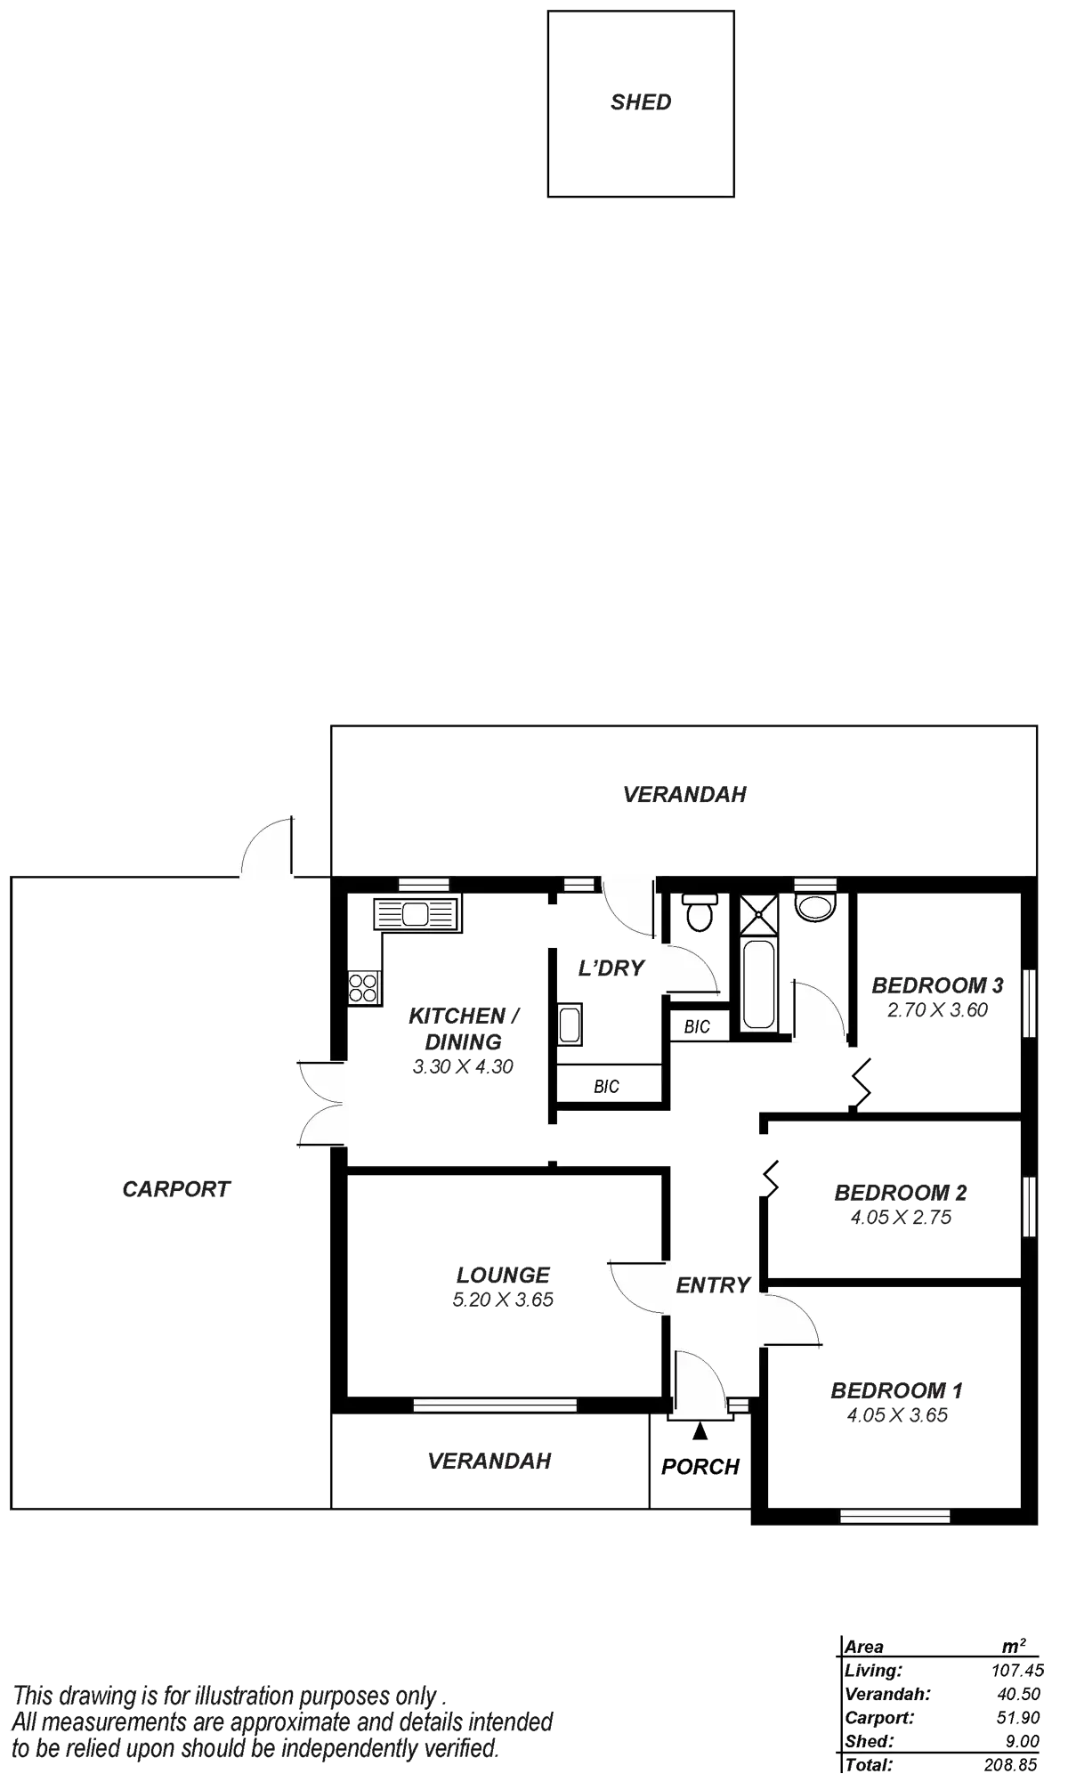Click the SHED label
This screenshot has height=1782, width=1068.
click(x=641, y=102)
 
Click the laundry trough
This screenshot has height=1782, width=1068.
click(x=570, y=1025)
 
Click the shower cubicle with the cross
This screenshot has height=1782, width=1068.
click(x=758, y=913)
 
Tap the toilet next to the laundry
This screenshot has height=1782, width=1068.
click(x=700, y=911)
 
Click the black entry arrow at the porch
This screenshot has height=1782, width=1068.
click(x=700, y=1430)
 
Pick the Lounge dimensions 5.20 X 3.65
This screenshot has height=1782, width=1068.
click(x=503, y=1300)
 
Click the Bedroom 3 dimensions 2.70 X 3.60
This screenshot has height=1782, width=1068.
click(x=937, y=1010)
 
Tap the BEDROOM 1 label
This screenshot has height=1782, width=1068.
click(x=897, y=1390)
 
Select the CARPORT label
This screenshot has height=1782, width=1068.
click(x=176, y=1189)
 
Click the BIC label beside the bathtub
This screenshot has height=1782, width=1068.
click(x=698, y=1027)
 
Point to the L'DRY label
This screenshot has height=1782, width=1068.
click(x=611, y=968)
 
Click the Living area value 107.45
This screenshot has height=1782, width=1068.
click(x=1017, y=1671)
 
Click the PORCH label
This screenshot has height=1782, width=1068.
click(x=700, y=1467)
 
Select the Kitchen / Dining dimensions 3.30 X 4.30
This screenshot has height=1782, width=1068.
click(x=463, y=1067)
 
